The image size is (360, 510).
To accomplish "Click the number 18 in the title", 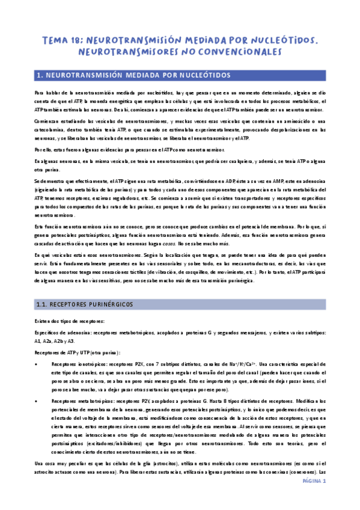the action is [x=78, y=40].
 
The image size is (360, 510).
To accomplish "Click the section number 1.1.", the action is [x=43, y=305].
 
